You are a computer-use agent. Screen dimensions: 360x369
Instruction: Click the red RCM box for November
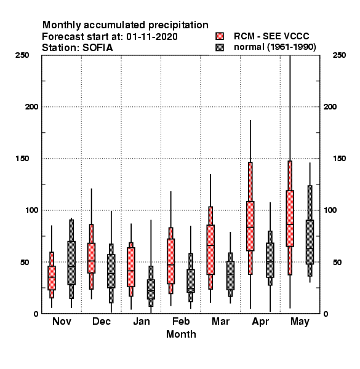click(52, 278)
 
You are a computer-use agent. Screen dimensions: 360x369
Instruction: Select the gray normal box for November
click(71, 263)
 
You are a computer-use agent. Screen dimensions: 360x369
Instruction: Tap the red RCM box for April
click(250, 226)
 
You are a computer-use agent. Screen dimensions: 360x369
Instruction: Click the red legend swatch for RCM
click(220, 36)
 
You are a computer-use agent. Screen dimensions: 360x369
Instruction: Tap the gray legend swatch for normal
click(220, 47)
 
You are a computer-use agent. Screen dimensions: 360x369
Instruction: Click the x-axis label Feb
click(181, 321)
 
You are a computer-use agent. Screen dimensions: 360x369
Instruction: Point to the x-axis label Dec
click(102, 321)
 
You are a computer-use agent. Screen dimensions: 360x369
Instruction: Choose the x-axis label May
click(300, 322)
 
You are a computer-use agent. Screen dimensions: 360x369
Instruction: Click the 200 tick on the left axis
click(31, 106)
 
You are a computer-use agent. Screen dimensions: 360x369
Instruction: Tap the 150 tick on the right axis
click(339, 159)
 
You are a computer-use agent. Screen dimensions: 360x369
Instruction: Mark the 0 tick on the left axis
click(36, 314)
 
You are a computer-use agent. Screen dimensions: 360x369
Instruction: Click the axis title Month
click(181, 334)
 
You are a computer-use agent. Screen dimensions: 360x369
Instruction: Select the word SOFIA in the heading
click(97, 48)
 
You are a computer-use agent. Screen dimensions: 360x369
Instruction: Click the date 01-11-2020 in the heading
click(152, 37)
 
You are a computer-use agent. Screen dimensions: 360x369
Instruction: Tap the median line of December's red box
click(91, 261)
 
